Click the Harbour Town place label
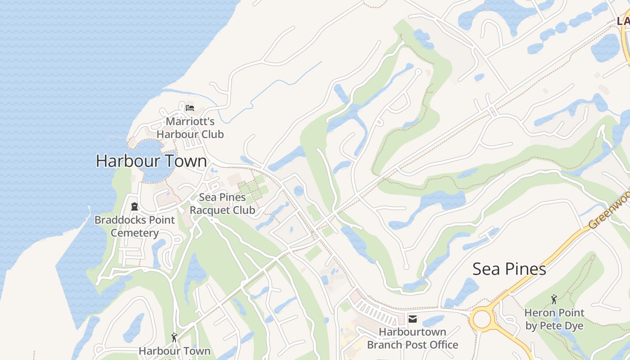[x=151, y=161]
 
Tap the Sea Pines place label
[x=509, y=269]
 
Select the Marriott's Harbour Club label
[x=190, y=128]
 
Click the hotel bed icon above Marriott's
[x=190, y=108]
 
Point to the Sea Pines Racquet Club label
[x=222, y=203]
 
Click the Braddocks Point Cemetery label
[x=135, y=226]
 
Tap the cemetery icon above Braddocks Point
[x=134, y=207]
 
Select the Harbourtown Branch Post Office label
[x=412, y=338]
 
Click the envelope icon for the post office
[x=412, y=319]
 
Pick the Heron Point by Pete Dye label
[x=554, y=319]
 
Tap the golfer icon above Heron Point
[x=554, y=299]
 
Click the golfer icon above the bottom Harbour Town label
[x=174, y=337]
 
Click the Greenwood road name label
[x=610, y=210]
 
